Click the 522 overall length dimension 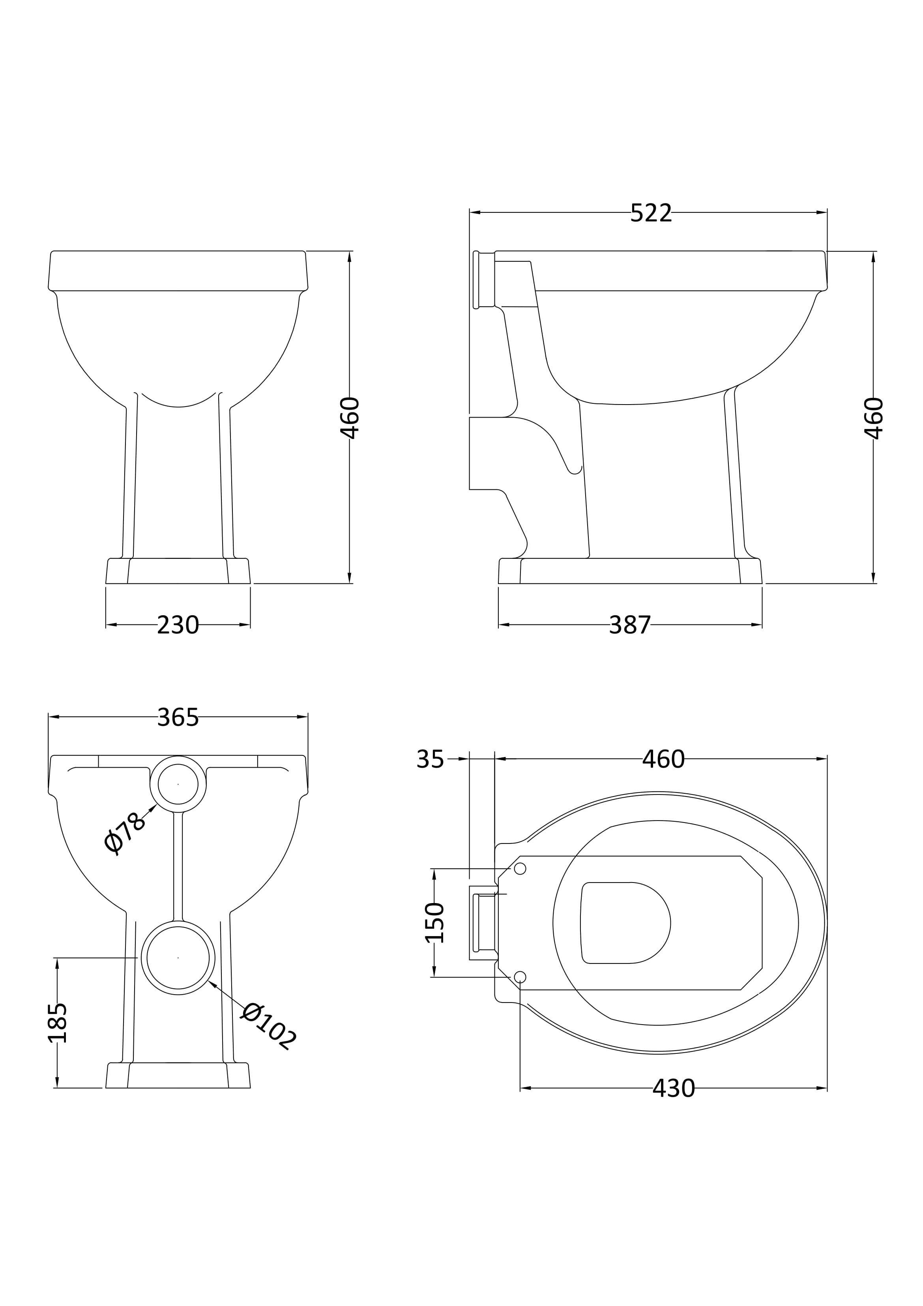pyautogui.click(x=651, y=213)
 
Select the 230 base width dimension pyautogui.click(x=178, y=626)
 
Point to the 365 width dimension pyautogui.click(x=178, y=718)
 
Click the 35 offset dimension pyautogui.click(x=430, y=759)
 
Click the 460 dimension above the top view pyautogui.click(x=664, y=759)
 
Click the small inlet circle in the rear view pyautogui.click(x=178, y=784)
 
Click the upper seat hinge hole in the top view pyautogui.click(x=520, y=869)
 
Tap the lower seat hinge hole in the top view pyautogui.click(x=520, y=977)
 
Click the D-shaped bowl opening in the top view pyautogui.click(x=625, y=923)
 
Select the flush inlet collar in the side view pyautogui.click(x=484, y=280)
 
